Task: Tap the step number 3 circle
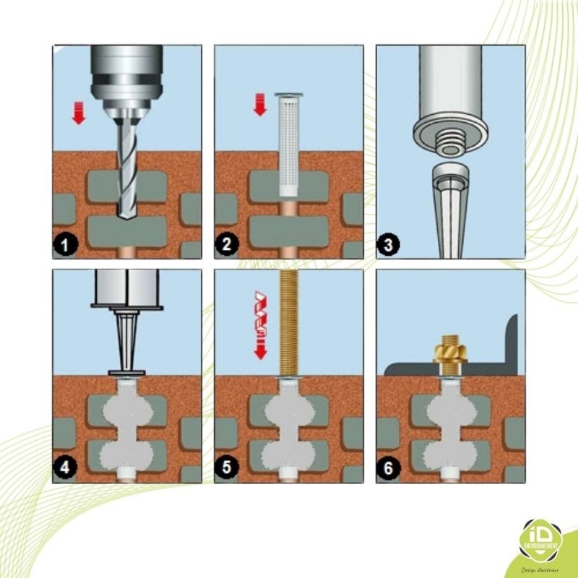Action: [x=389, y=246]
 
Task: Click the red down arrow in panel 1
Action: [x=79, y=112]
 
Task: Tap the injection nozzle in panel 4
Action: [x=125, y=340]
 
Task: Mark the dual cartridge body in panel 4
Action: [x=126, y=285]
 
